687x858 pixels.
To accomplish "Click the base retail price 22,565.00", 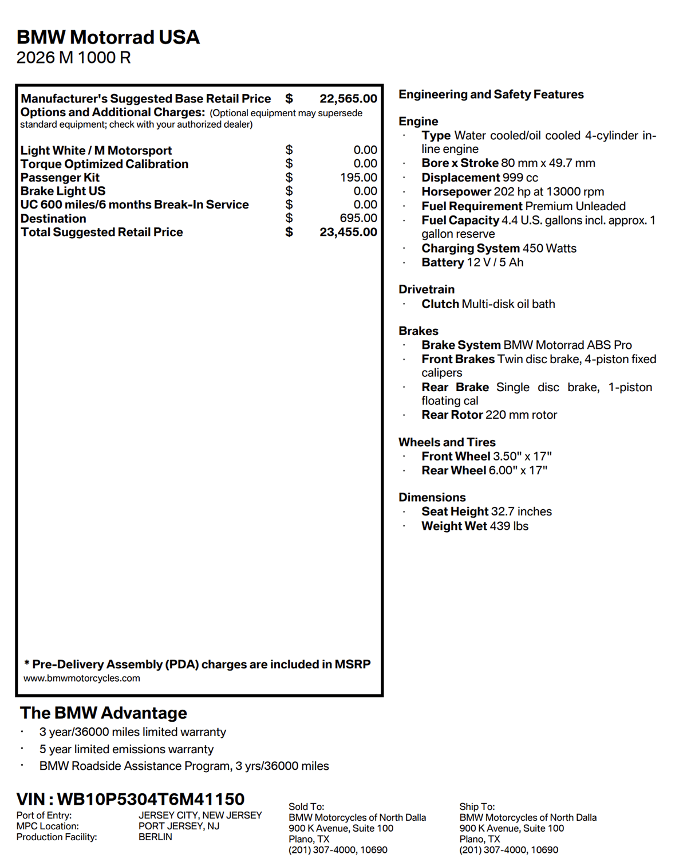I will tap(348, 99).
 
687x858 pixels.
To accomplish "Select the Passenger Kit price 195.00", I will tap(358, 178).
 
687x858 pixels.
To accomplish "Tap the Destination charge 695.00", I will tap(358, 218).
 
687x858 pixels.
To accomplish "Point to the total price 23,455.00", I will tap(348, 232).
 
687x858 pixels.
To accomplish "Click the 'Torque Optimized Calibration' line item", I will tap(104, 164).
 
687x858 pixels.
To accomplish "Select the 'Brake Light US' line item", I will tap(63, 191).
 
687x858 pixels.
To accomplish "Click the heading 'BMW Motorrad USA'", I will tap(108, 37).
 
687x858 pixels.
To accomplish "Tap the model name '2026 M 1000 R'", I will tap(73, 58).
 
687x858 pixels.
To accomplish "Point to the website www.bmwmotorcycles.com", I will tap(82, 678).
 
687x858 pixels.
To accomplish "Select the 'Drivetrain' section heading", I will tap(427, 289).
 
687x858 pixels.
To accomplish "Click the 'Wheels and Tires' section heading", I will tap(447, 442).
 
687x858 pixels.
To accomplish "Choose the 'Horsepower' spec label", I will tap(456, 192).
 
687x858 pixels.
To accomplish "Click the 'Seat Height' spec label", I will tap(455, 511).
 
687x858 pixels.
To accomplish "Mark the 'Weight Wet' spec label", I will tap(454, 526).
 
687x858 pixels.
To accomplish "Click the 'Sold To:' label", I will tap(306, 806).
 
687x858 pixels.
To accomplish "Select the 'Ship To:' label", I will tap(477, 806).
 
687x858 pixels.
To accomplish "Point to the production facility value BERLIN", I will tap(155, 837).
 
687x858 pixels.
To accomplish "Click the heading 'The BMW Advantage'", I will tap(104, 713).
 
